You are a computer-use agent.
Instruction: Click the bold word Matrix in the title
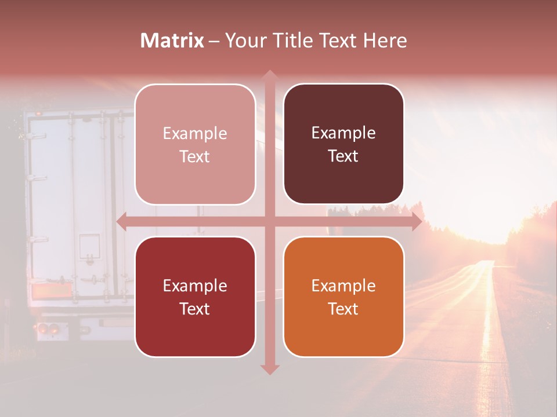tap(172, 41)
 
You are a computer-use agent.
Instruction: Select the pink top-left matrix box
tap(195, 144)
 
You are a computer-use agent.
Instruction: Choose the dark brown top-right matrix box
tap(343, 144)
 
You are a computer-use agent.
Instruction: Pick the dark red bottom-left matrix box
tap(195, 297)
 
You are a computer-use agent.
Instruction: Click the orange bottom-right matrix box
tap(343, 297)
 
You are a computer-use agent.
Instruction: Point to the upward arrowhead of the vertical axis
tap(269, 75)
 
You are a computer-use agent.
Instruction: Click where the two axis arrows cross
tap(269, 221)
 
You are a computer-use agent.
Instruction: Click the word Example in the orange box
tap(343, 286)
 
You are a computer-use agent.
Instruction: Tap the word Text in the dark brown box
tap(343, 156)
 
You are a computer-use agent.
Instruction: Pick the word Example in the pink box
tap(195, 133)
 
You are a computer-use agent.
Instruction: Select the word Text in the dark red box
tap(195, 309)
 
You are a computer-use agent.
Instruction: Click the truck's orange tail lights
tap(46, 330)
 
